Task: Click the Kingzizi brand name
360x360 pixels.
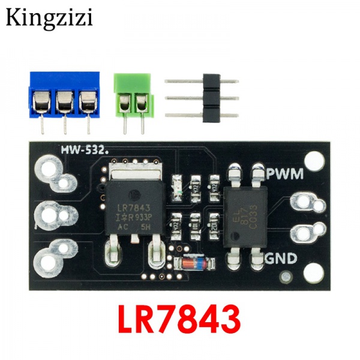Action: point(49,18)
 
